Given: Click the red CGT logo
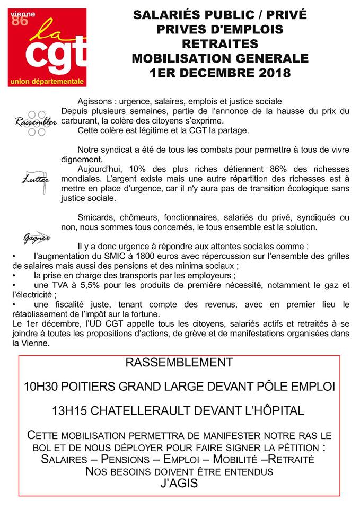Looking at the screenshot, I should [x=47, y=47].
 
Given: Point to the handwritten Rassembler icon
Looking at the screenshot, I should [x=36, y=122].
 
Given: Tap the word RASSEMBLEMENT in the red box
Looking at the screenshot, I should [x=179, y=363].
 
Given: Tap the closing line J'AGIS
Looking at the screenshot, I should [x=179, y=484].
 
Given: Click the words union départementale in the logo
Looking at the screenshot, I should [x=47, y=81].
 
